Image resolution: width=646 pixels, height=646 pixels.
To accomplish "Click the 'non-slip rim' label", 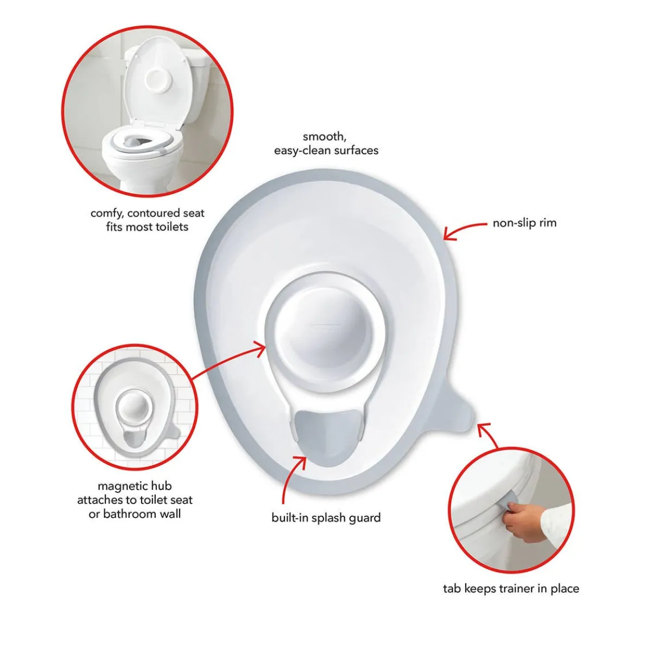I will [x=524, y=223].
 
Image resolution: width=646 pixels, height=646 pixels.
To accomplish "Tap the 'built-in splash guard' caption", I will [x=326, y=517].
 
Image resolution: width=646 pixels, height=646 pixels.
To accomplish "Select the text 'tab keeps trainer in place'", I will [x=511, y=588].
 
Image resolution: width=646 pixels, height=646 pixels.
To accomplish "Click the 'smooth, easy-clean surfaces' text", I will [x=326, y=143].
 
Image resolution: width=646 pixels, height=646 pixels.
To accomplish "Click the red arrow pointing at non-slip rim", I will [x=464, y=229].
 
